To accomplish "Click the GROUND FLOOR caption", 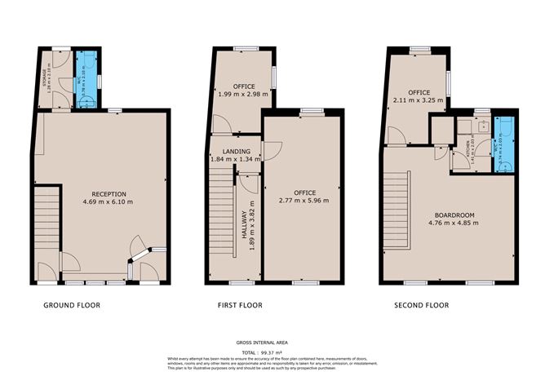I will pos(73,306).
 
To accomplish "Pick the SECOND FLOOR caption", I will pos(421,306).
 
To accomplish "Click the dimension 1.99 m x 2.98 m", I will pos(243,95).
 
